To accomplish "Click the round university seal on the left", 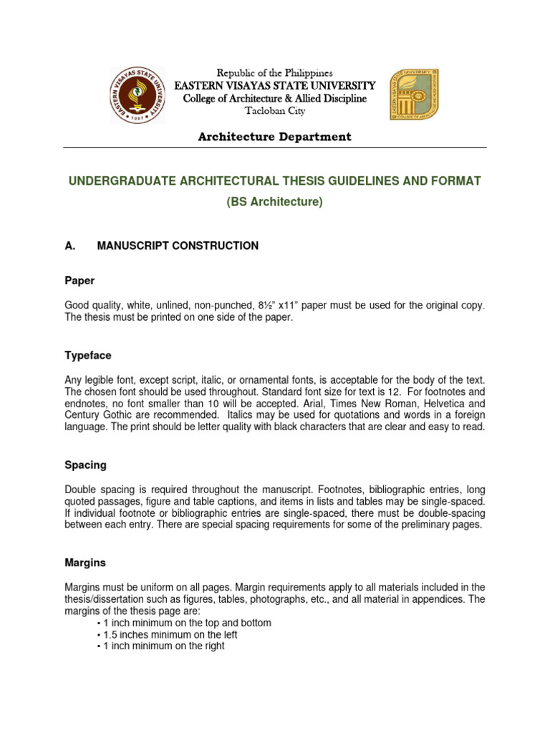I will tap(137, 94).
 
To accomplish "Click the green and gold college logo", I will tap(413, 94).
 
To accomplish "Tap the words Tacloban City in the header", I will tap(275, 112).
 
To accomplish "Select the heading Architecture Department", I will tap(275, 137).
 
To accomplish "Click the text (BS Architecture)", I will tap(275, 202).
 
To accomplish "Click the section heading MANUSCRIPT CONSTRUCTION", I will tap(178, 246).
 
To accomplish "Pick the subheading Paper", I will tap(79, 281).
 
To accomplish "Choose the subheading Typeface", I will tap(87, 355).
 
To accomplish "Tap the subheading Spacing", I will tap(85, 465).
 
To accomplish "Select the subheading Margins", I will tap(85, 563).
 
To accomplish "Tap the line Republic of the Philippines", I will tap(275, 73).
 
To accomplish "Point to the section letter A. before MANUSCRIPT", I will tap(70, 246).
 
